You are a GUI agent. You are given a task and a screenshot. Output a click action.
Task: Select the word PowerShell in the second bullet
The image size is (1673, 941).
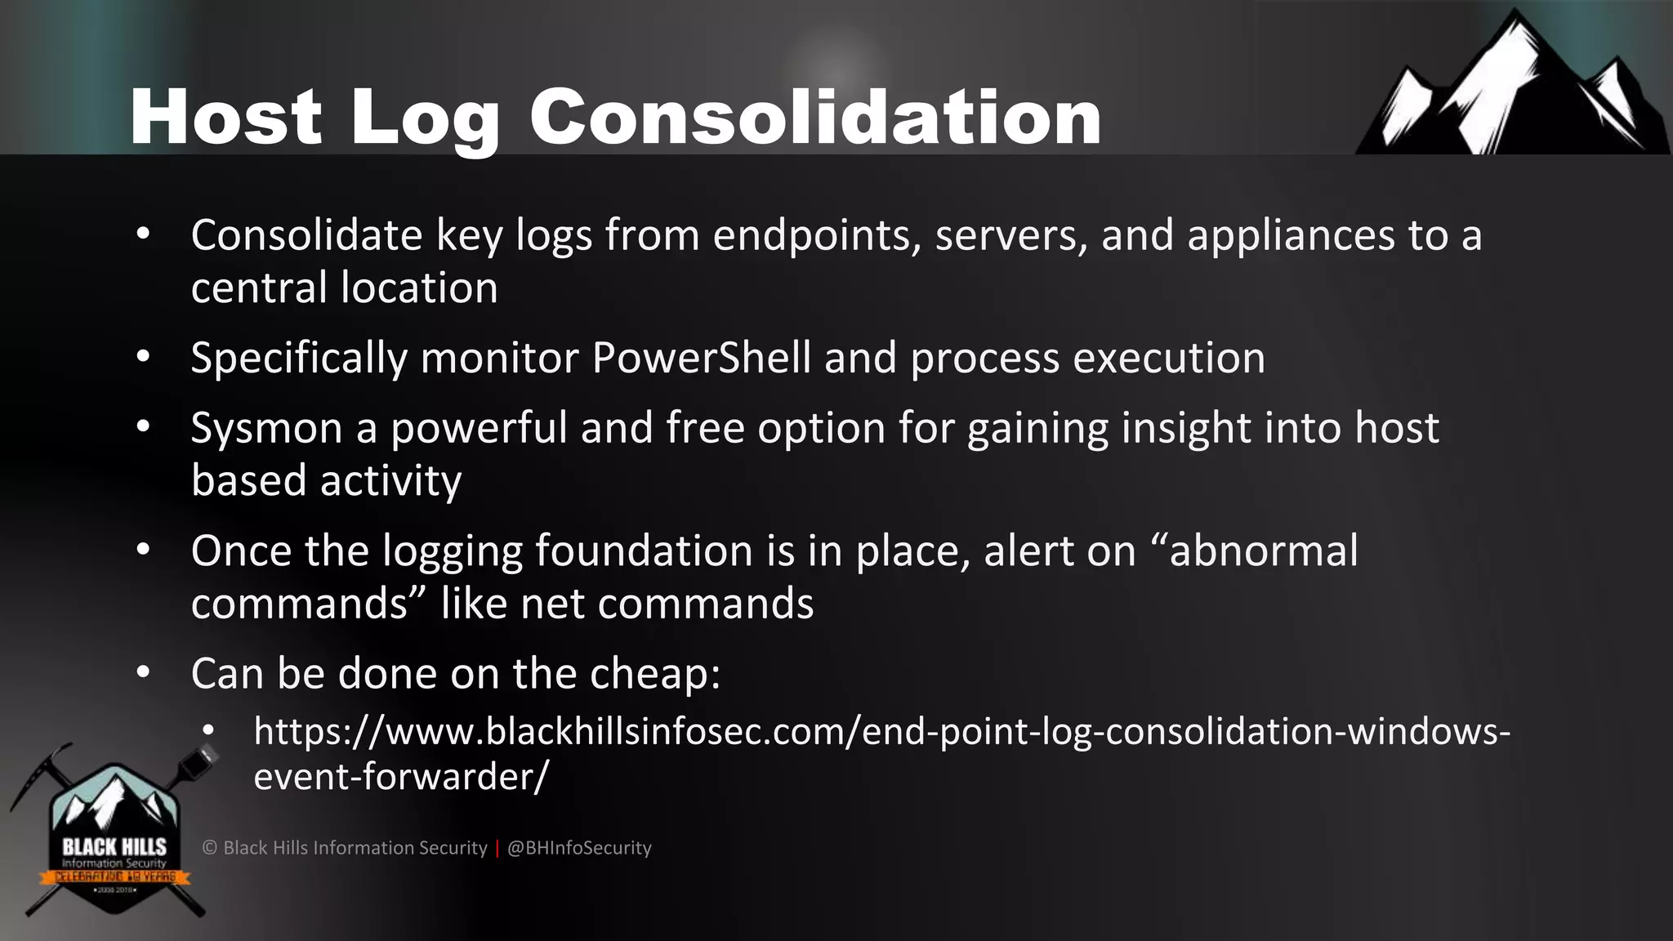coord(701,358)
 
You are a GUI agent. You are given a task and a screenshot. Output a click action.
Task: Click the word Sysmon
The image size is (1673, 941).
coord(266,428)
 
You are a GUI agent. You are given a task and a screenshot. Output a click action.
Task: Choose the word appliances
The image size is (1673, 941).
coord(1291,236)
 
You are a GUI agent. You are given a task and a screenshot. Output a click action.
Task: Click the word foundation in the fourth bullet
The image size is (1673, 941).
coord(644,551)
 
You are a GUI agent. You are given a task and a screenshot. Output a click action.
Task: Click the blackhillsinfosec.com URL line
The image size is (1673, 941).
coord(882,731)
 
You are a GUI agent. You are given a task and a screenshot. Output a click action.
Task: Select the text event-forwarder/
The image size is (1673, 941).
coord(401,776)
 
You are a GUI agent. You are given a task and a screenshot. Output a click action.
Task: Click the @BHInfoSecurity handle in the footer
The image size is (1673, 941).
coord(579,848)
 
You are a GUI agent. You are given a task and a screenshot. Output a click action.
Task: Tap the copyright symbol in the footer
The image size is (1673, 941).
coord(209,848)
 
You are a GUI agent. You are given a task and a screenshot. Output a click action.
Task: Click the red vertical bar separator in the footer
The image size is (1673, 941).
coord(497,848)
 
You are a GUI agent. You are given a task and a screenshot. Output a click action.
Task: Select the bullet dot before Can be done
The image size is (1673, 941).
coord(144,672)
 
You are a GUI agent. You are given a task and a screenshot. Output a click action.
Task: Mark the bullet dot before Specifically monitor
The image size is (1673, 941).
coord(144,357)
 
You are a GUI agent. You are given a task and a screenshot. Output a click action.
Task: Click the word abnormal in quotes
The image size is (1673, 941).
coord(1263,551)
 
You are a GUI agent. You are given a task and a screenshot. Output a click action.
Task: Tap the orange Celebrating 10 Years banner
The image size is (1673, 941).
coord(114,877)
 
